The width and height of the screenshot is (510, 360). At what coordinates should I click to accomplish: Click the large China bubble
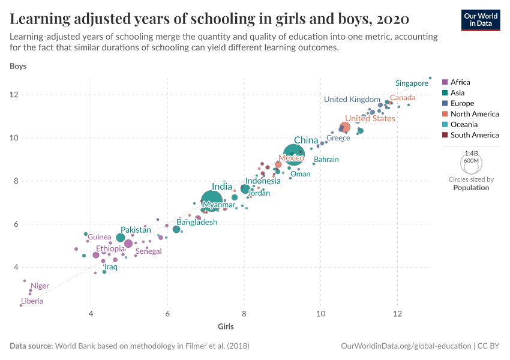tap(294, 155)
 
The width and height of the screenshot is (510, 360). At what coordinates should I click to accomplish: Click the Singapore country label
tap(412, 83)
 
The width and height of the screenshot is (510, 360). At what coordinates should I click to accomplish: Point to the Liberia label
tap(32, 301)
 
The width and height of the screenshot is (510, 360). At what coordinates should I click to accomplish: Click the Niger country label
tap(40, 286)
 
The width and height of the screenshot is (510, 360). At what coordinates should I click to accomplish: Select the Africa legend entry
tap(460, 82)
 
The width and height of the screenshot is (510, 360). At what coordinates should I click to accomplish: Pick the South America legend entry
tap(474, 135)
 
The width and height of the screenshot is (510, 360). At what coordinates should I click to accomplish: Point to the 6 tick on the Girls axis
tap(167, 314)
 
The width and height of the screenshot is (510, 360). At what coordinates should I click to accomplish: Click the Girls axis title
tap(226, 326)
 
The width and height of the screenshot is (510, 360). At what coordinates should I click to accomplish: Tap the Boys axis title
tap(18, 66)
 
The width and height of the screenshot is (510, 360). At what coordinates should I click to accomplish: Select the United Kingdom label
tap(352, 100)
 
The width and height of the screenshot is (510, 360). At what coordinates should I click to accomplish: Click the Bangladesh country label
tap(197, 222)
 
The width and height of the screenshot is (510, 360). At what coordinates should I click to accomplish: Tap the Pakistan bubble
tap(121, 238)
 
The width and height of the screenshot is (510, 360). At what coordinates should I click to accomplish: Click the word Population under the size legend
tap(471, 188)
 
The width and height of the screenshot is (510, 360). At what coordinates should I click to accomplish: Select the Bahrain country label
tap(326, 160)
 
